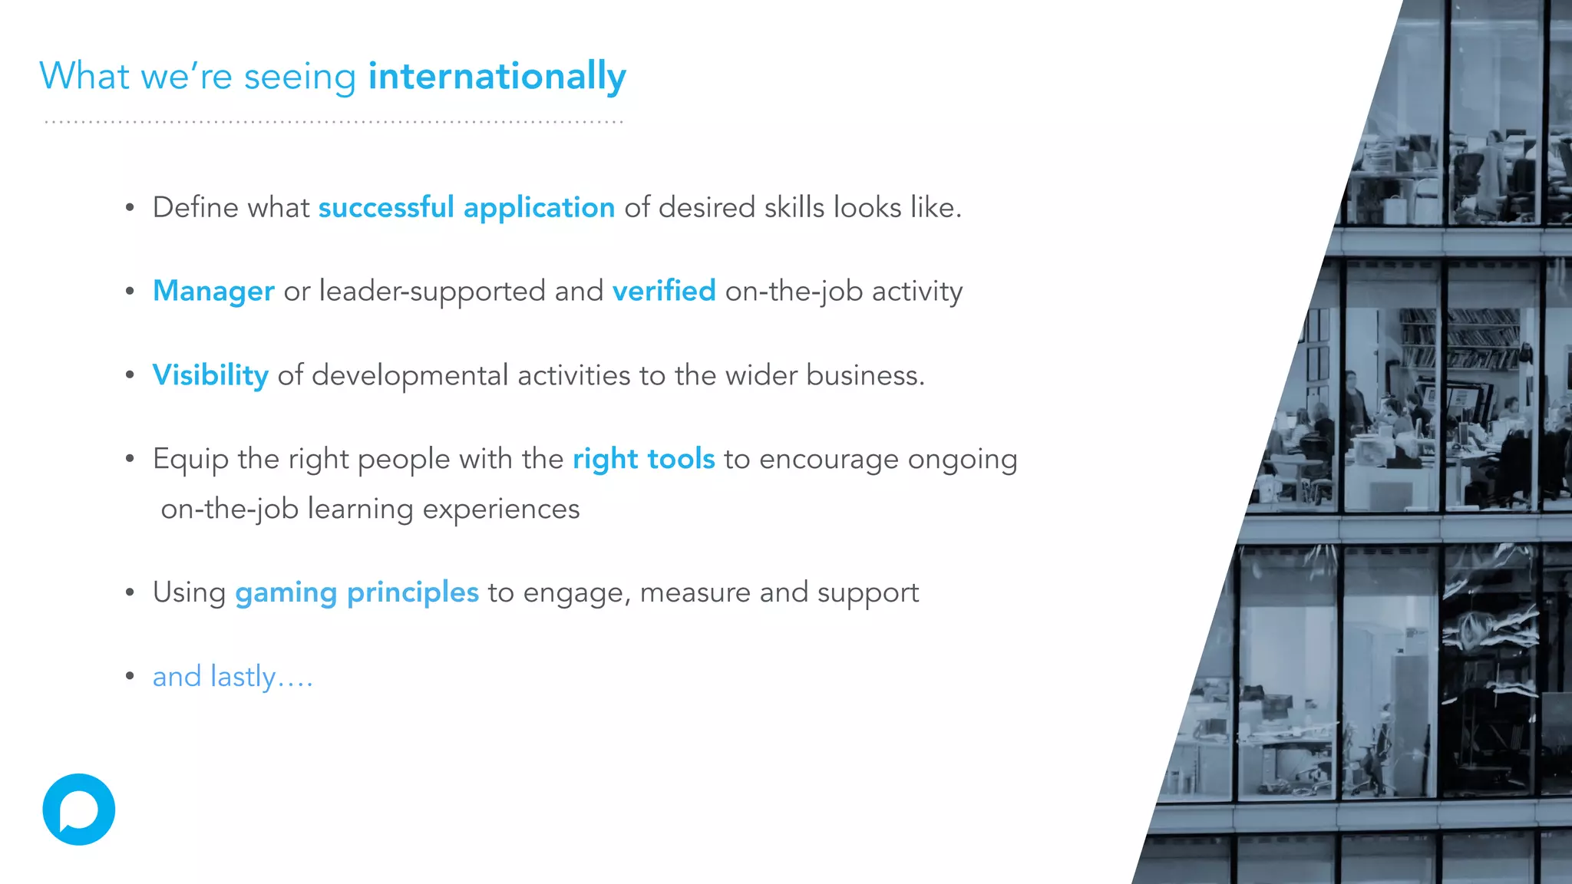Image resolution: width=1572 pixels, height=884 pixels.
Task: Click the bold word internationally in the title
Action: [x=497, y=77]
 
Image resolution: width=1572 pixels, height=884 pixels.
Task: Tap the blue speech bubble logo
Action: [x=79, y=810]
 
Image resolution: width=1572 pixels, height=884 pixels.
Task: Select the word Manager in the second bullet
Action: [x=213, y=292]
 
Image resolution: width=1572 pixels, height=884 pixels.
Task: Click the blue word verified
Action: [x=664, y=292]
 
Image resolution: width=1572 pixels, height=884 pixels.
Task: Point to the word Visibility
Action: [x=210, y=375]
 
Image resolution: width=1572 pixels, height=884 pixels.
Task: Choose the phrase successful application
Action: [x=467, y=208]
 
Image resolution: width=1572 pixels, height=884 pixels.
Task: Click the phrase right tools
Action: [x=643, y=459]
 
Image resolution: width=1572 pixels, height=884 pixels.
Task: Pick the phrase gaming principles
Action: [x=357, y=592]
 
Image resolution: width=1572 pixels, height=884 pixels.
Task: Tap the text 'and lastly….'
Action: [x=233, y=677]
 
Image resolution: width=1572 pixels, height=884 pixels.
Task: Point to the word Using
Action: [x=189, y=593]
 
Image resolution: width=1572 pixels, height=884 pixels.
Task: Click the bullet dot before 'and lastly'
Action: [x=130, y=676]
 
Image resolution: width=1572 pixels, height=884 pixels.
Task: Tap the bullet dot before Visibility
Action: [x=130, y=375]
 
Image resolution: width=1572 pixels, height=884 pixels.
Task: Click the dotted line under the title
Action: [x=333, y=122]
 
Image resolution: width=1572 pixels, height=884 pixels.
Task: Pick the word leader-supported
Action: [x=432, y=292]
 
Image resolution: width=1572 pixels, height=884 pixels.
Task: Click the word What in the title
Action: [x=84, y=77]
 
